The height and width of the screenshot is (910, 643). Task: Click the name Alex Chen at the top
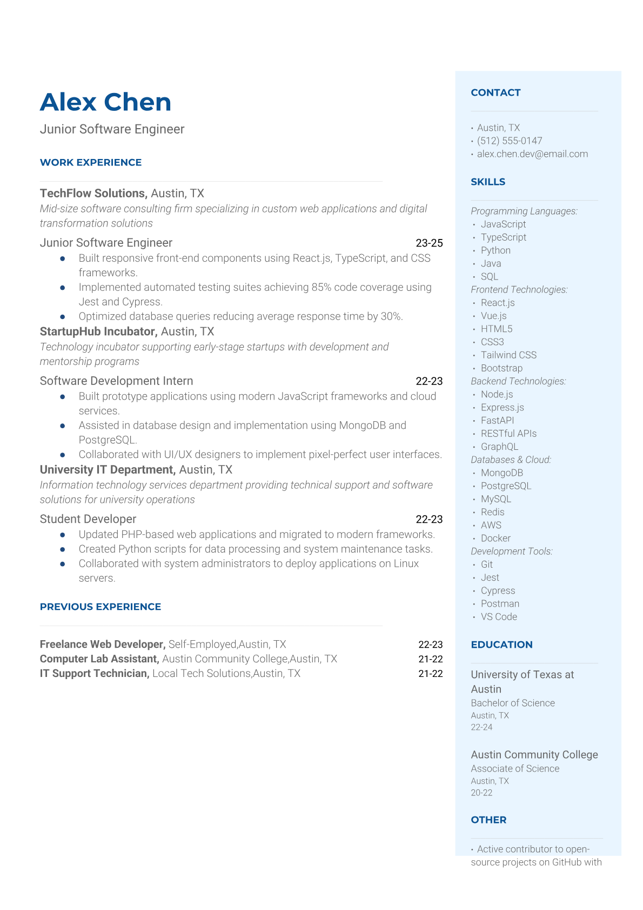[x=105, y=102]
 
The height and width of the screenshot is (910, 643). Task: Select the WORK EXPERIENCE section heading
[x=91, y=162]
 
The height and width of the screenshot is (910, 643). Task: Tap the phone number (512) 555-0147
[x=510, y=141]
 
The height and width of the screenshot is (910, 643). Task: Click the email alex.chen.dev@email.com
[x=532, y=154]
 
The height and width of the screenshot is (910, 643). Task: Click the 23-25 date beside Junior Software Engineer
[x=429, y=243]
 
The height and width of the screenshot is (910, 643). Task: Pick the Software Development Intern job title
[x=116, y=381]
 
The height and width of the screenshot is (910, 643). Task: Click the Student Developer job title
[x=88, y=519]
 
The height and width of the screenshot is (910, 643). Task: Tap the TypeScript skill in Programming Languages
[x=503, y=237]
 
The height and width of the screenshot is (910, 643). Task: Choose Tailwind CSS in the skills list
[x=508, y=355]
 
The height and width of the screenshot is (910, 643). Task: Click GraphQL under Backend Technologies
[x=499, y=446]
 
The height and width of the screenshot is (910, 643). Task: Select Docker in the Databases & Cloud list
[x=495, y=538]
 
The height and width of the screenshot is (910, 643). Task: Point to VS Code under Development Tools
[x=499, y=616]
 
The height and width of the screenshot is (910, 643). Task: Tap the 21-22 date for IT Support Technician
[x=430, y=673]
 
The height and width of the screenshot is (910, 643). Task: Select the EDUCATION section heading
[x=501, y=645]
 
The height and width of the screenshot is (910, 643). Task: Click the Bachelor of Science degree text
[x=513, y=703]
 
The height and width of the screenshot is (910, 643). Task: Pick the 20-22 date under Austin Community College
[x=481, y=793]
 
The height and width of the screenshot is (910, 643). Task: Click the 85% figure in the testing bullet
[x=321, y=287]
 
